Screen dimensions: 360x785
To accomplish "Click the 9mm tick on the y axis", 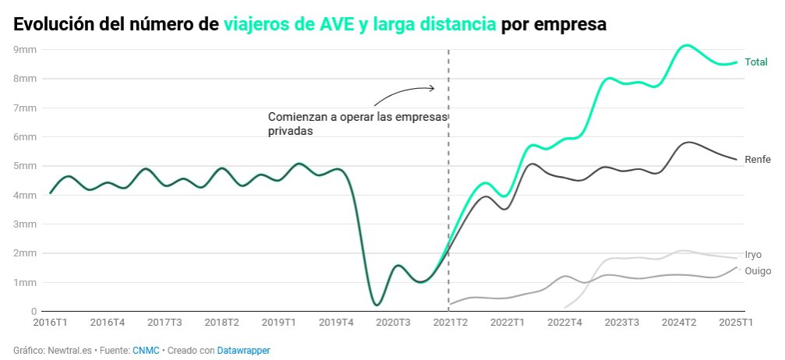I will [26, 49].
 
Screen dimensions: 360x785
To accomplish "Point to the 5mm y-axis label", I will [26, 166].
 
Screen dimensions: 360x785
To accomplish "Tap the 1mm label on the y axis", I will [26, 282].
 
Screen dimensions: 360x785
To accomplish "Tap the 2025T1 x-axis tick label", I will [734, 322].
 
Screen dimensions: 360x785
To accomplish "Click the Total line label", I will [756, 62].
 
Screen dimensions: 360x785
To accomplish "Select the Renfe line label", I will [758, 160].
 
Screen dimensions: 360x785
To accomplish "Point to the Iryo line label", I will [753, 255].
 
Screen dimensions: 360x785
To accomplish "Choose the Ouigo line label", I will [758, 271].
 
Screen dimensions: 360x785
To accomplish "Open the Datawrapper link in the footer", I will [243, 351].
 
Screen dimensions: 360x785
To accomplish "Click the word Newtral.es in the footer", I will [68, 351].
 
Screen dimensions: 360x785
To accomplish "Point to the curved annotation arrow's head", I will [433, 88].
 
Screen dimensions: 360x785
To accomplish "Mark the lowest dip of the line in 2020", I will [377, 304].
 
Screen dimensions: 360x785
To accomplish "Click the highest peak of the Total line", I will [686, 45].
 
